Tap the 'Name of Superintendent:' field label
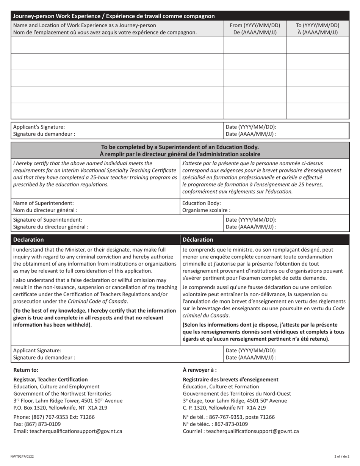coord(44,203)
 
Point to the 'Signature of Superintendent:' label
coord(47,219)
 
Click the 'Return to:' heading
coord(26,370)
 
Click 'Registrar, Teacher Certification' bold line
coord(50,379)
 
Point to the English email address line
coord(68,431)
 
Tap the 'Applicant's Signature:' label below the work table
coord(39,127)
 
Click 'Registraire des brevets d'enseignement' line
coord(230,379)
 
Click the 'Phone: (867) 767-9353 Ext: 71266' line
coord(54,417)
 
